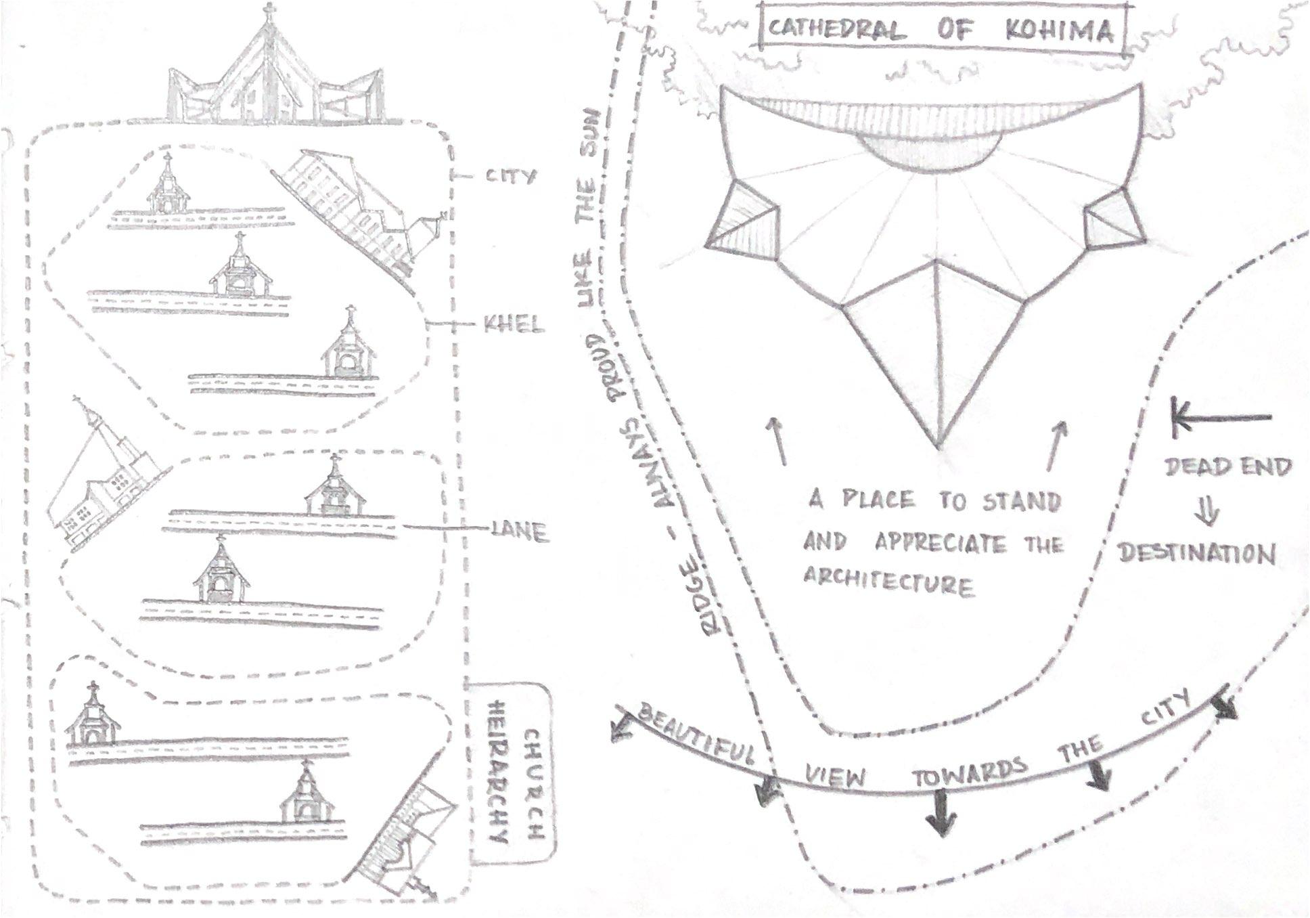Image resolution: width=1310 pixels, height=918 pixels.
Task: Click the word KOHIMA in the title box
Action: (1058, 30)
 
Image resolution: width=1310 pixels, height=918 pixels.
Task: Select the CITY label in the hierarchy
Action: (511, 177)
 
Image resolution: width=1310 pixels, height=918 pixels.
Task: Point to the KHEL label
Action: (514, 326)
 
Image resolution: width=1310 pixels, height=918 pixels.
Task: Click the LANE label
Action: (519, 533)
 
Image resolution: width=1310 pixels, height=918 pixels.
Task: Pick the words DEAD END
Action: (1227, 466)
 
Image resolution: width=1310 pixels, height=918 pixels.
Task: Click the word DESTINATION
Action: (1196, 553)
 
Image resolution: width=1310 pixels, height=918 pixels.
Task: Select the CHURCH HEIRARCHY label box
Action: (512, 773)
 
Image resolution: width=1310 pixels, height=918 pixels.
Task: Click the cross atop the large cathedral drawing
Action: (269, 11)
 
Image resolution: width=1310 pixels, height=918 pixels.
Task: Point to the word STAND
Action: (1021, 502)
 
